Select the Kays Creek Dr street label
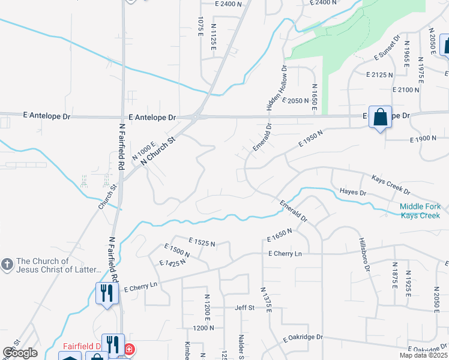tap(390, 185)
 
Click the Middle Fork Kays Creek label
tap(420, 211)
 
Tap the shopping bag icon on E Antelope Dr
tap(381, 116)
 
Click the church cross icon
tap(7, 265)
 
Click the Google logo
tap(20, 353)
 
